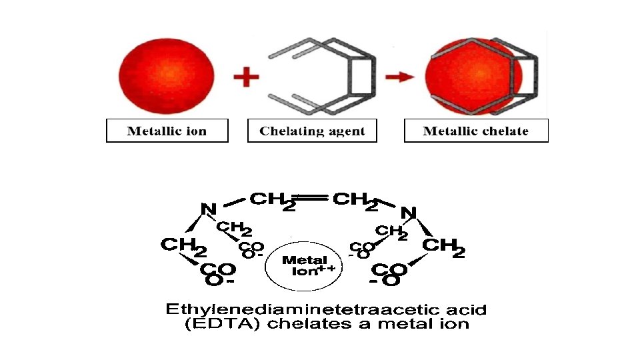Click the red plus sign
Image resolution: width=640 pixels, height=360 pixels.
[246, 77]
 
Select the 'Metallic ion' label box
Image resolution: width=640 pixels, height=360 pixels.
[167, 131]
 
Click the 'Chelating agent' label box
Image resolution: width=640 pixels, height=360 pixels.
[312, 131]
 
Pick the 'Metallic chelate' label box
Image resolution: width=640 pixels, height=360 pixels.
[476, 131]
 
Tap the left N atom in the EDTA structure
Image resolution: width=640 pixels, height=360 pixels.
[208, 209]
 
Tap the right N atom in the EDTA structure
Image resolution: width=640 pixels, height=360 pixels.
[408, 213]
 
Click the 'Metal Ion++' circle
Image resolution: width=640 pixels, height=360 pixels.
[303, 265]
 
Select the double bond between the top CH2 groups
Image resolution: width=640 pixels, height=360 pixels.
[313, 198]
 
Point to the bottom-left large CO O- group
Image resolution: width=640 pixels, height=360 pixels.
[217, 274]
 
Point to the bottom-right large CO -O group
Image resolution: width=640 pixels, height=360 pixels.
[389, 274]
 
